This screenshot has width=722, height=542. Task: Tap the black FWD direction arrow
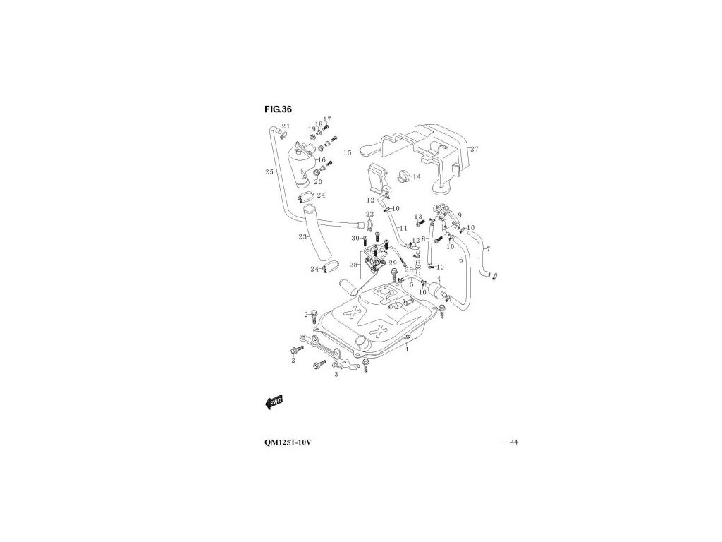[x=274, y=402]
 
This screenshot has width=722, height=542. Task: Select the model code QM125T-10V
[x=284, y=442]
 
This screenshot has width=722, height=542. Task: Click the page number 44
[x=514, y=442]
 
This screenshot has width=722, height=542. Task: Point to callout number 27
[x=475, y=149]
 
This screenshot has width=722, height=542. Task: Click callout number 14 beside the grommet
[x=416, y=177]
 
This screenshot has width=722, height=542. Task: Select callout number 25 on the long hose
[x=269, y=171]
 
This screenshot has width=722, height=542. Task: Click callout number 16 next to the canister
[x=322, y=161]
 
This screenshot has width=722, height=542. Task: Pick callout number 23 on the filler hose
[x=302, y=237]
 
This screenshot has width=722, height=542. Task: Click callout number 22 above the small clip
[x=369, y=214]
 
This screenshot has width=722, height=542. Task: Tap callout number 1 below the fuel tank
[x=407, y=349]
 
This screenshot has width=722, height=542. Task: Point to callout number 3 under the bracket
[x=336, y=375]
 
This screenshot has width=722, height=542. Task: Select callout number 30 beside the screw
[x=356, y=238]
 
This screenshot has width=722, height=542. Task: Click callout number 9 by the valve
[x=459, y=215]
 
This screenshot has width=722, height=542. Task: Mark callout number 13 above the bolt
[x=418, y=217]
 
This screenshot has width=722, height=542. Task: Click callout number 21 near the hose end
[x=286, y=126]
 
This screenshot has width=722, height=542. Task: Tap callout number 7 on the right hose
[x=488, y=249]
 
